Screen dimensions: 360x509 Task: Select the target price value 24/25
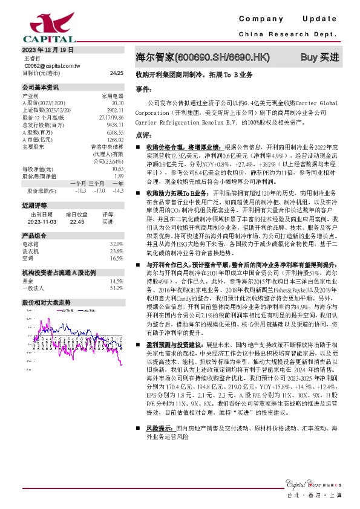pos(117,73)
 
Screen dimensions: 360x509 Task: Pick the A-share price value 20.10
pos(118,103)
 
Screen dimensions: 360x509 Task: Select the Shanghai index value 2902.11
pos(115,110)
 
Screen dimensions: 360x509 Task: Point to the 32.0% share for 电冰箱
pos(117,244)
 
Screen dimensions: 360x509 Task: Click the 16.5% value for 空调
pos(117,258)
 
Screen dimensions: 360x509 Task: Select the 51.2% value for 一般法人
pos(117,288)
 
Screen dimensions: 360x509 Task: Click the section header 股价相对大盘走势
pos(47,302)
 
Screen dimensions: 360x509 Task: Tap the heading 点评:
pos(143,135)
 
